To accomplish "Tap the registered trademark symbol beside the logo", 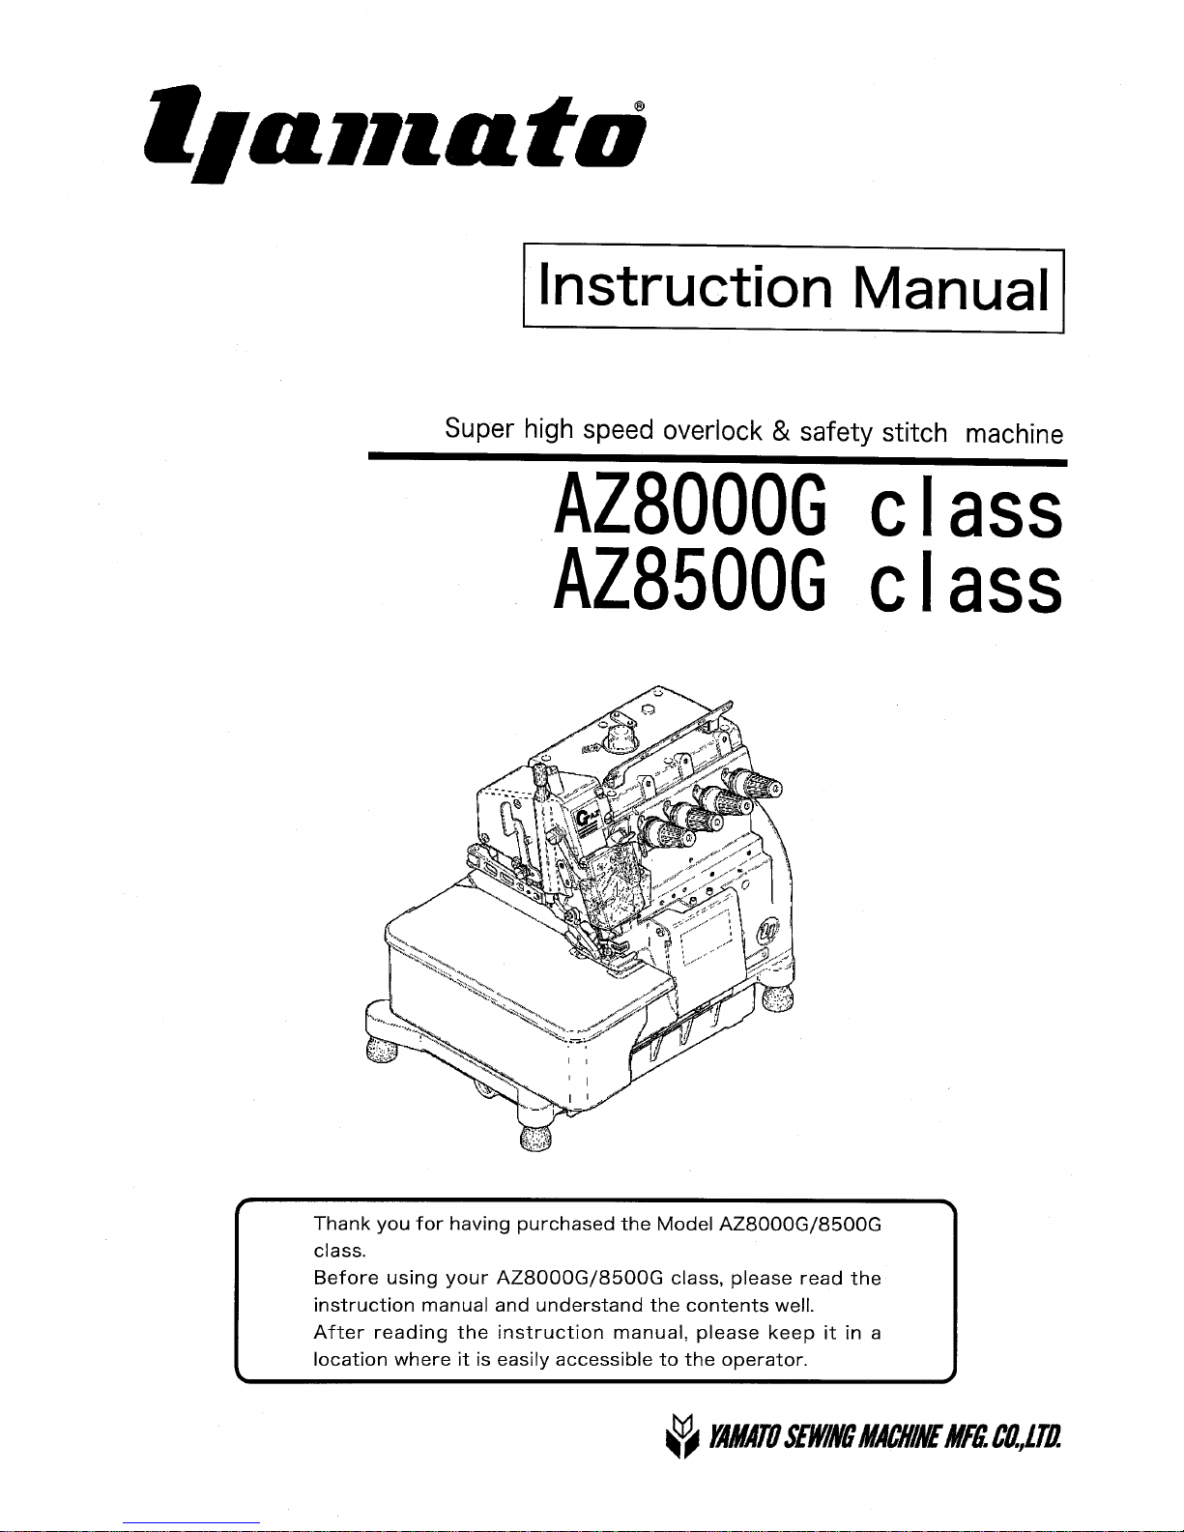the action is click(639, 106).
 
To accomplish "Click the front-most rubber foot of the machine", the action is click(535, 1138).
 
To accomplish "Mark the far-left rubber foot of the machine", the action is click(382, 1051).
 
